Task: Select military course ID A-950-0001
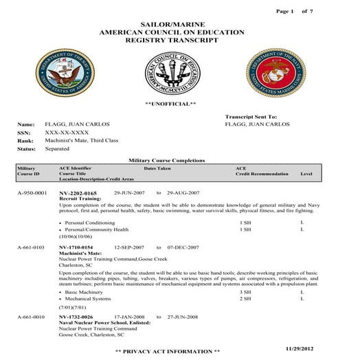pos(32,194)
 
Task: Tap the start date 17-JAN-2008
pos(128,317)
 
